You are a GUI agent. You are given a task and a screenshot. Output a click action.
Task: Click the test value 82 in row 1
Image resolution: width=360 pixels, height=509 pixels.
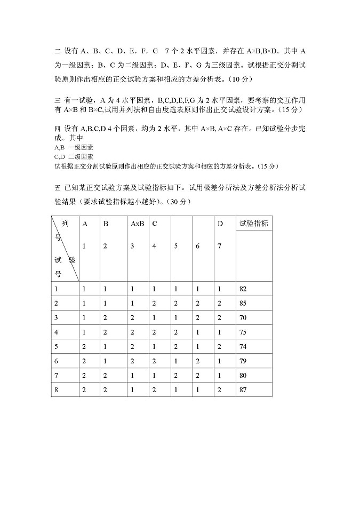tap(243, 289)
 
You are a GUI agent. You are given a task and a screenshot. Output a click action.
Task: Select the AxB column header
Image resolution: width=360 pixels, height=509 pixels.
tap(137, 224)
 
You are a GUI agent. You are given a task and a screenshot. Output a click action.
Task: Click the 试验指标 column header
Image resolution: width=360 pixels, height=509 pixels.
tap(254, 224)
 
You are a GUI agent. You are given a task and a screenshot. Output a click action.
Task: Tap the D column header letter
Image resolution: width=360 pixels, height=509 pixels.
tap(219, 224)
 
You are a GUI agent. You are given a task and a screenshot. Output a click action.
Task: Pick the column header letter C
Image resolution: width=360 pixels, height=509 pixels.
tap(154, 224)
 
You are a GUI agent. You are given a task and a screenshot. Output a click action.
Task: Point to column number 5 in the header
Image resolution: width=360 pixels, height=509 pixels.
tap(176, 246)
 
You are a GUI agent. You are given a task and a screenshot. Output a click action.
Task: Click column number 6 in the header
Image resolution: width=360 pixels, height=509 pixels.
tap(197, 246)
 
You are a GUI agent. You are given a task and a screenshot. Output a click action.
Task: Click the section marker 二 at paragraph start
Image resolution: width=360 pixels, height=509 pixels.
tap(58, 51)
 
